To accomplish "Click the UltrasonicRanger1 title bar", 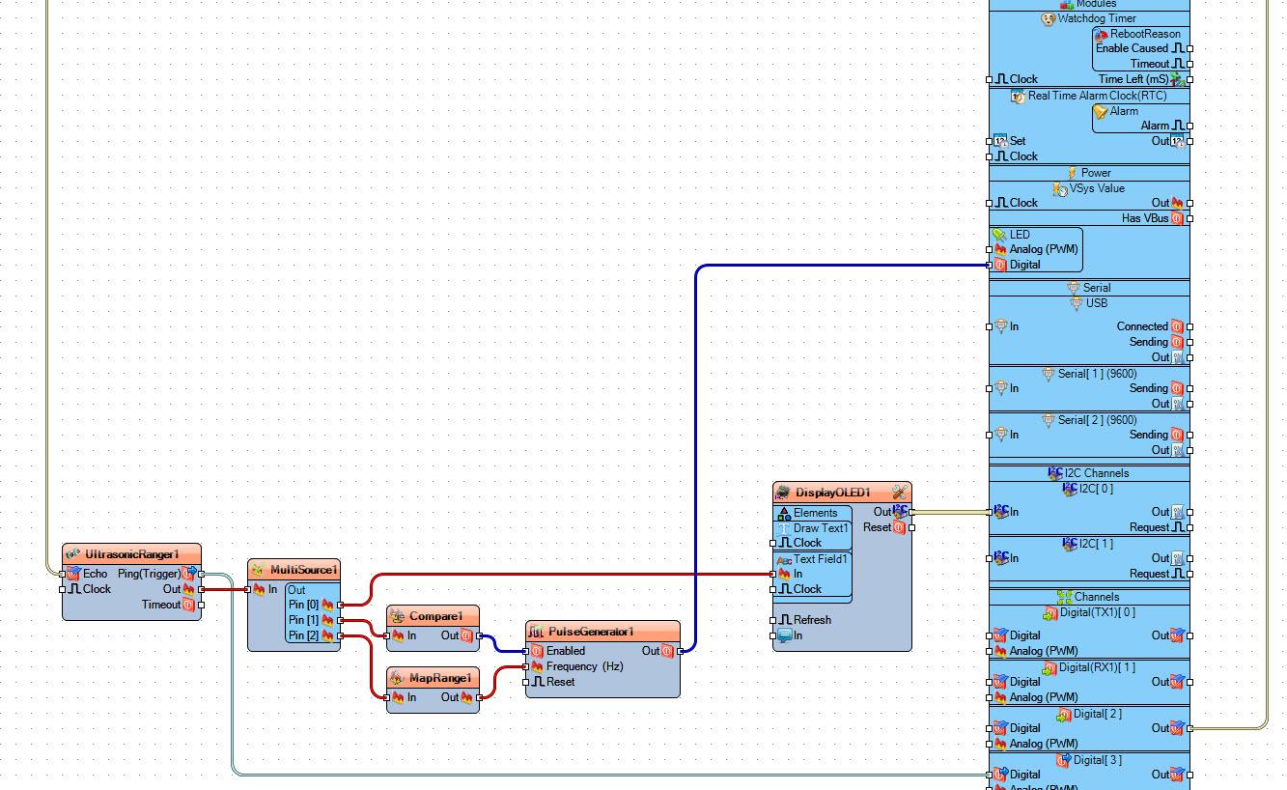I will pos(132,554).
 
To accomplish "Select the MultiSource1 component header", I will pos(303,570).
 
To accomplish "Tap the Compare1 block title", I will pos(435,616).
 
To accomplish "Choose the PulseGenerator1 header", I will pos(591,632).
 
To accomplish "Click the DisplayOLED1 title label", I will pos(832,493).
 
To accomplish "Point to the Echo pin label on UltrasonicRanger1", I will pos(96,574).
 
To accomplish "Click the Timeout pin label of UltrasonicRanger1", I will pos(161,605).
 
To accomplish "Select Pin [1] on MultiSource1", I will pos(303,620).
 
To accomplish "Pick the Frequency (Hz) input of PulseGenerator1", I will pos(584,666).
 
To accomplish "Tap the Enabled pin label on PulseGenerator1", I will pos(566,651).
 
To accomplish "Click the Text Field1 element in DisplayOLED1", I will pos(821,559).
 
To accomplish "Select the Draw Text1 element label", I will pos(821,528).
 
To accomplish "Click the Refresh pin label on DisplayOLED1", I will pos(812,620).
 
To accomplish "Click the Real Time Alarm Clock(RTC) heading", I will pos(1097,96).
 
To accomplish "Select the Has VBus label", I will pos(1144,218).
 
